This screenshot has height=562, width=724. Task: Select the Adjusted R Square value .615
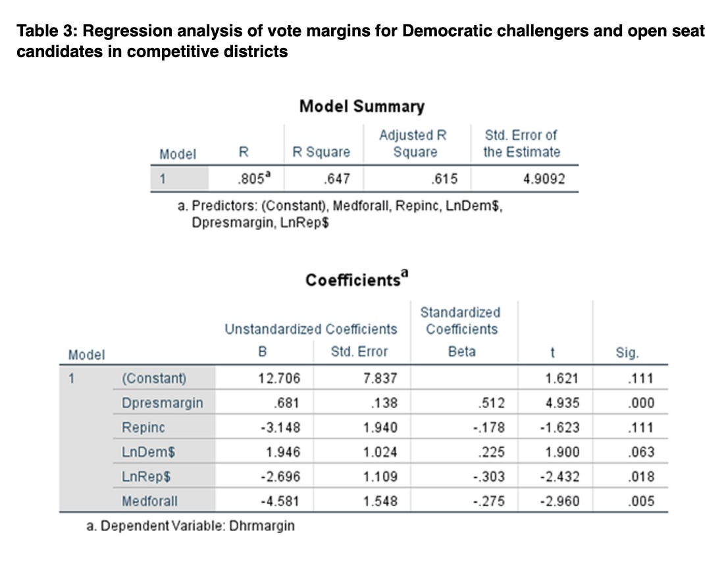pyautogui.click(x=444, y=178)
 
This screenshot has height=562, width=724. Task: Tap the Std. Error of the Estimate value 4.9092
pyautogui.click(x=544, y=178)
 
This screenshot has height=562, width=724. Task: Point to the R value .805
pyautogui.click(x=253, y=178)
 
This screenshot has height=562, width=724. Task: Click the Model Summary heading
pyautogui.click(x=361, y=106)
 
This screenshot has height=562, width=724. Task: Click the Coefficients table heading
pyautogui.click(x=357, y=279)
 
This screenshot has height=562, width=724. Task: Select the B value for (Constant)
pyautogui.click(x=279, y=378)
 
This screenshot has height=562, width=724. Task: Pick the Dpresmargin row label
pyautogui.click(x=162, y=403)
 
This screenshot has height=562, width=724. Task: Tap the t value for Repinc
pyautogui.click(x=559, y=427)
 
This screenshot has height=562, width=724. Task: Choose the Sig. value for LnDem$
pyautogui.click(x=641, y=452)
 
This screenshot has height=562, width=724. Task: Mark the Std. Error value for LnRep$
pyautogui.click(x=380, y=477)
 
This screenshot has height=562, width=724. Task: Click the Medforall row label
pyautogui.click(x=149, y=501)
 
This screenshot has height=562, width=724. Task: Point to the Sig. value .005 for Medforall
pyautogui.click(x=641, y=501)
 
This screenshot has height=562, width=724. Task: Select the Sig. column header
pyautogui.click(x=627, y=353)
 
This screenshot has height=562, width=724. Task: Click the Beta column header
pyautogui.click(x=462, y=352)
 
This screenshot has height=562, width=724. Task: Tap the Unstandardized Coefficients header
pyautogui.click(x=311, y=329)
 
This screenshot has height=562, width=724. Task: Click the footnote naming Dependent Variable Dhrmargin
pyautogui.click(x=190, y=526)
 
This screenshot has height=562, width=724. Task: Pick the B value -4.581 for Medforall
pyautogui.click(x=280, y=501)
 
